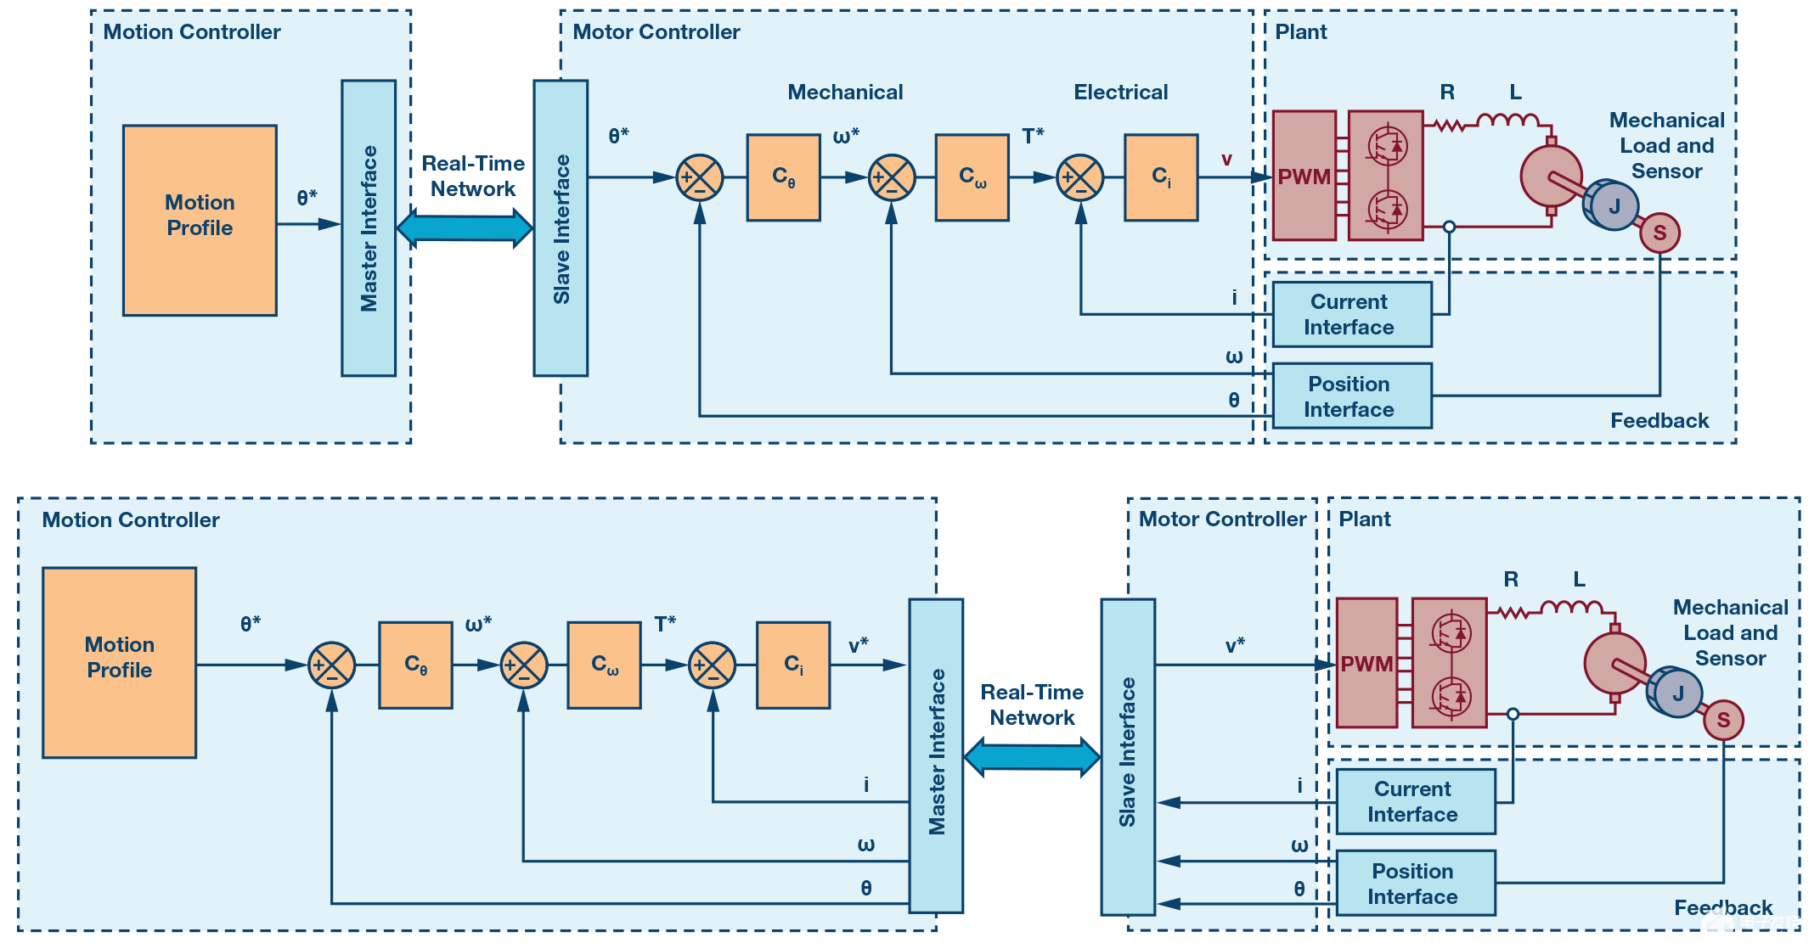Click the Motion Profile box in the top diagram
click(x=200, y=221)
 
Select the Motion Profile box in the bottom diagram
click(x=120, y=662)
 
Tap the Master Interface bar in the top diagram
click(x=369, y=227)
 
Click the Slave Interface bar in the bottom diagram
click(x=1128, y=755)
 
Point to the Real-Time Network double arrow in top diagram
click(x=465, y=227)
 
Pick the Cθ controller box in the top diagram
click(x=783, y=177)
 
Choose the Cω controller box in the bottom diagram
click(x=604, y=665)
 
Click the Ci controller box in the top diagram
click(x=1161, y=177)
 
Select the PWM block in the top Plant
click(x=1304, y=176)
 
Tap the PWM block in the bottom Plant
click(x=1366, y=663)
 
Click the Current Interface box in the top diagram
click(x=1352, y=315)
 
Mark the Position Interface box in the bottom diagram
click(x=1416, y=884)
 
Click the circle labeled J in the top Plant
click(x=1614, y=205)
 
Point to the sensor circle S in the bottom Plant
click(x=1723, y=721)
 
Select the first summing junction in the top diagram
click(x=699, y=178)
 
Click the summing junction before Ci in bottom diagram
click(x=712, y=665)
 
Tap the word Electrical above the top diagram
click(x=1120, y=92)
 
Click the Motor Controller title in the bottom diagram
click(x=1222, y=519)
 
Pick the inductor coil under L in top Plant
click(x=1507, y=121)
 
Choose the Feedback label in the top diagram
click(x=1659, y=420)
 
